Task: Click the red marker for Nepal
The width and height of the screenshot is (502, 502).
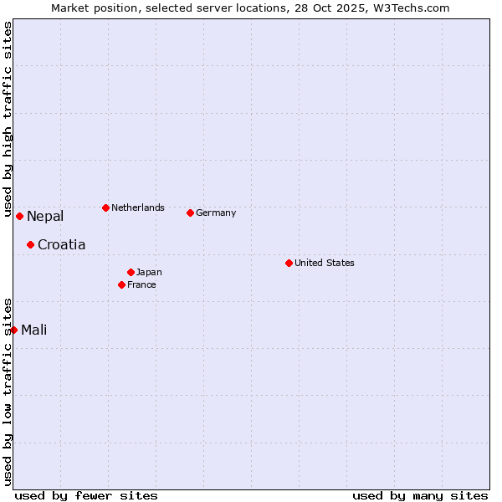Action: [x=19, y=216]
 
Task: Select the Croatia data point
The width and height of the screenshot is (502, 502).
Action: [x=30, y=244]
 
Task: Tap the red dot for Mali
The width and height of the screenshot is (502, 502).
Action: [x=13, y=330]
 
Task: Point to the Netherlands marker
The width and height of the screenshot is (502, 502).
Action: [x=105, y=207]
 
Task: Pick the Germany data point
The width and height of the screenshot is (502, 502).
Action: [x=190, y=213]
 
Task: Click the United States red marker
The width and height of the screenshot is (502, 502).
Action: [x=289, y=263]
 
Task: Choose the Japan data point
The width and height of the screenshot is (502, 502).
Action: [x=131, y=272]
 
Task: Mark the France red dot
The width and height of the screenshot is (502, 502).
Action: [x=121, y=284]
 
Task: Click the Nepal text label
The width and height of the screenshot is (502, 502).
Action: [x=45, y=217]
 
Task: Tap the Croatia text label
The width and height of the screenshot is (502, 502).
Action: [x=61, y=245]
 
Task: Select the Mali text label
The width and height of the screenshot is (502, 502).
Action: [x=34, y=330]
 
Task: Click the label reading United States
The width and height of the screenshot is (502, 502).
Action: [x=325, y=263]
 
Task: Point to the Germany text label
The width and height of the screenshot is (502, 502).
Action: [x=216, y=213]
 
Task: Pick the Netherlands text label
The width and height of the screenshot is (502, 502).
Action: [x=138, y=207]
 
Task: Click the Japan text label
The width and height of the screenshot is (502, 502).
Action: [x=149, y=272]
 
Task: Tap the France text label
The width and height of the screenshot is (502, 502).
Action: [x=141, y=284]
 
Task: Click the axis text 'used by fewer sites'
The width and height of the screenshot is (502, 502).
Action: [x=86, y=495]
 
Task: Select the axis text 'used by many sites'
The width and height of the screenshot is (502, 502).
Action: [x=420, y=495]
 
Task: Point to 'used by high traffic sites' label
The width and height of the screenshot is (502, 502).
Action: [x=8, y=120]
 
